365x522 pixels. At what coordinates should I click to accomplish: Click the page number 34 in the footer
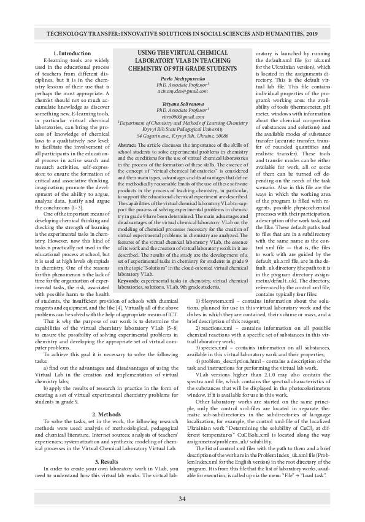click(x=182, y=498)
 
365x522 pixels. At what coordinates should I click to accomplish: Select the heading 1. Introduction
click(x=72, y=54)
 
